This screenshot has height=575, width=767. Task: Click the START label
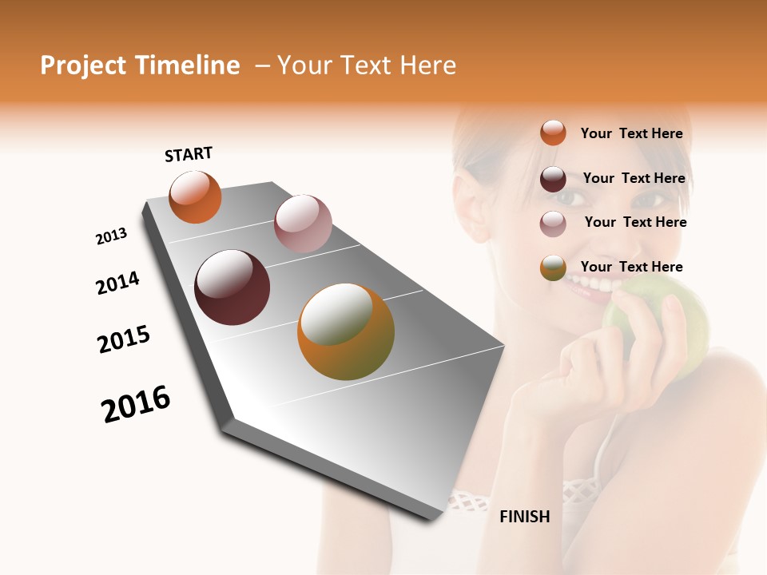189,154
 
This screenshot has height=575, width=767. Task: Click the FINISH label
525,517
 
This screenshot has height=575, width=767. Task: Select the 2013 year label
111,236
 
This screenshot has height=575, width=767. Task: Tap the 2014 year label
117,284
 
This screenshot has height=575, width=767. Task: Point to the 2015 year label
124,339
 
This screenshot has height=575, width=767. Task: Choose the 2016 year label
136,403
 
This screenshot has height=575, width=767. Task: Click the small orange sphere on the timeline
195,196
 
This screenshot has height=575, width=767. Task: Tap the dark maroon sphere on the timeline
232,287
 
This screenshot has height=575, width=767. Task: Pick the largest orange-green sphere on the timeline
345,331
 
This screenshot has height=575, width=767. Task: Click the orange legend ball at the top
553,133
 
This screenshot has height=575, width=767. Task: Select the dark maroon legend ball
553,178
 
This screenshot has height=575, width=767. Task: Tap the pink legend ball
553,223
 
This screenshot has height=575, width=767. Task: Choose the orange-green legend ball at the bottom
553,268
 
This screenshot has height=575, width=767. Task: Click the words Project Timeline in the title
140,65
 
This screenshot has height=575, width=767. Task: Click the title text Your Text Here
367,65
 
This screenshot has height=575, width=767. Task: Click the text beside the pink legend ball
635,222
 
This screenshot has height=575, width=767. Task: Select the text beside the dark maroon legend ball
634,178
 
